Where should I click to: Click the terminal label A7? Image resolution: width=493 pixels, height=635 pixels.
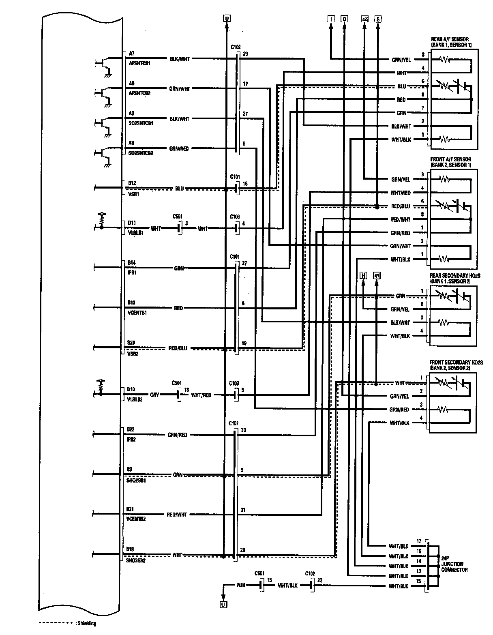pyautogui.click(x=131, y=54)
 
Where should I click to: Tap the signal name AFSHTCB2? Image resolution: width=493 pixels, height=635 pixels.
pyautogui.click(x=139, y=93)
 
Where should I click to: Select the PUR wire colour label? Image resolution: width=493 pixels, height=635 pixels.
pyautogui.click(x=240, y=586)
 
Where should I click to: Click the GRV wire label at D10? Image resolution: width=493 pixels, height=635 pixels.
pyautogui.click(x=154, y=395)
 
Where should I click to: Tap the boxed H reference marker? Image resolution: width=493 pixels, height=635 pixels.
pyautogui.click(x=363, y=276)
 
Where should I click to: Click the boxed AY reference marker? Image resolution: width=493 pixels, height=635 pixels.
pyautogui.click(x=377, y=276)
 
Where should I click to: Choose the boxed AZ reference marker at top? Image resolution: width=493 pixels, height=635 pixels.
pyautogui.click(x=364, y=19)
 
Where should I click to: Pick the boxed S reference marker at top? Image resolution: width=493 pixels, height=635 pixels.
pyautogui.click(x=378, y=19)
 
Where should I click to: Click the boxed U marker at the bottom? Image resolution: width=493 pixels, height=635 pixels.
pyautogui.click(x=223, y=605)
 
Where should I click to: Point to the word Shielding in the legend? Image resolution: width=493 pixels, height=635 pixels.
pyautogui.click(x=86, y=623)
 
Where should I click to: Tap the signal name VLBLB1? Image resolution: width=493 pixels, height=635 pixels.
pyautogui.click(x=136, y=233)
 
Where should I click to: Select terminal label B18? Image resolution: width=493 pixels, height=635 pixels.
pyautogui.click(x=131, y=549)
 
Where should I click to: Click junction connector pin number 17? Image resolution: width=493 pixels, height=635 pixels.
pyautogui.click(x=419, y=541)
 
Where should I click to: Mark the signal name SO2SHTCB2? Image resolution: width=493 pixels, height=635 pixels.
pyautogui.click(x=140, y=153)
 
